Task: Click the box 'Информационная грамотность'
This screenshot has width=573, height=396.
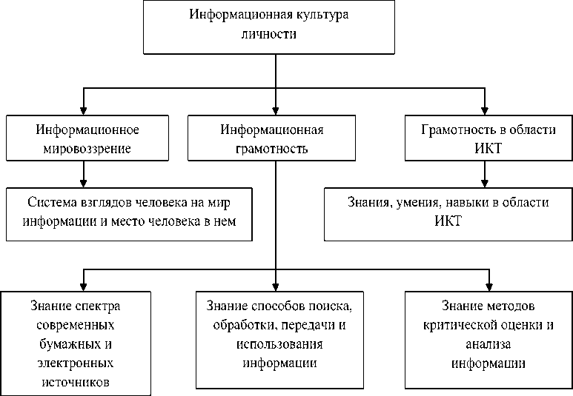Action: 274,138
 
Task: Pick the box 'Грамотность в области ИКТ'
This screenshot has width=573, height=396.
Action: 488,138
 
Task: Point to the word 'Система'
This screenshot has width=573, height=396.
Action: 51,202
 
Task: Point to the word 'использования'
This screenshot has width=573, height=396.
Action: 274,344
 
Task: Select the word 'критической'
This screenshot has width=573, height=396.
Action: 465,325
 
